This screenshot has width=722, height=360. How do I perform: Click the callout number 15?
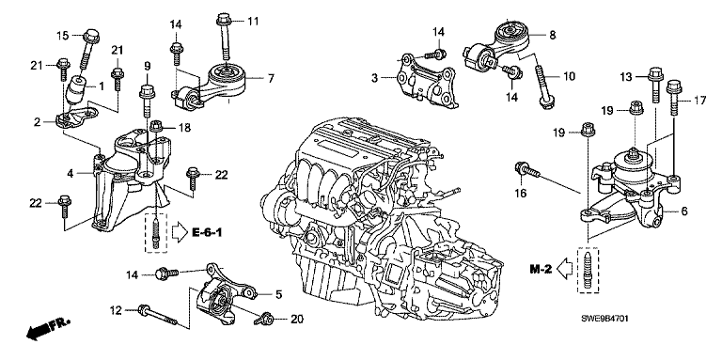coord(63,36)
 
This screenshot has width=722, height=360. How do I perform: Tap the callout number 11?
coord(253,21)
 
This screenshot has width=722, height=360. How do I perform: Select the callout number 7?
coord(271,78)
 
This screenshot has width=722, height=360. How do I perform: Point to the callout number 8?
coord(553,34)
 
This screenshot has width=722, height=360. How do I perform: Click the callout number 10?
coord(569,76)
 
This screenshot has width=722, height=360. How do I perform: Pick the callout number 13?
coord(626,76)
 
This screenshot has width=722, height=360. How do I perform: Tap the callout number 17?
coord(699,101)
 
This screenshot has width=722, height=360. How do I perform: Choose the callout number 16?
coord(520,194)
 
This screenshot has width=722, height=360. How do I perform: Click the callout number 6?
coord(683,211)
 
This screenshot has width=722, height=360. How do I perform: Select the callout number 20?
coord(297,319)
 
